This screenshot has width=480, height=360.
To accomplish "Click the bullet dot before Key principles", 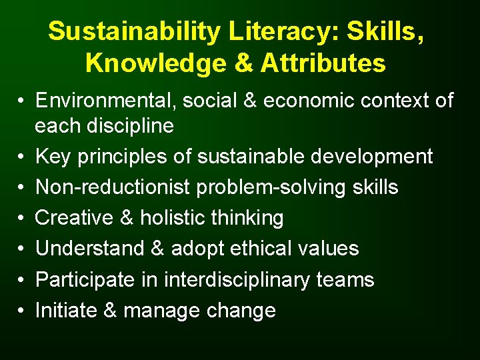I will point(22,157).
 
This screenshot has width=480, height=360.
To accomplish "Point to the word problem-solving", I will point(263,187).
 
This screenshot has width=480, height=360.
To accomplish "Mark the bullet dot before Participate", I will point(22,280).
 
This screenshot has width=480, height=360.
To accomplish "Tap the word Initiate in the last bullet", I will point(62,310).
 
